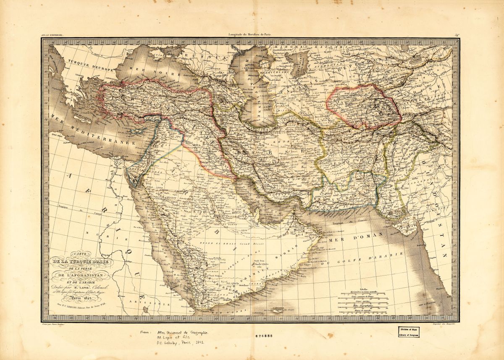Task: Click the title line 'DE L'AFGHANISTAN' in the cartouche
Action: pyautogui.click(x=80, y=276)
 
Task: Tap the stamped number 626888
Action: pyautogui.click(x=268, y=336)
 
